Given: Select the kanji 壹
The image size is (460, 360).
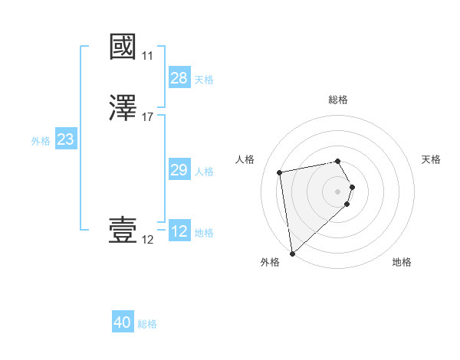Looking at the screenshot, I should [x=123, y=231].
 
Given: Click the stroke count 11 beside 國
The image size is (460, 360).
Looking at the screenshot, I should [x=147, y=56].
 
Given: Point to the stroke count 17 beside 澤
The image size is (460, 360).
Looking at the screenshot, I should [x=148, y=117].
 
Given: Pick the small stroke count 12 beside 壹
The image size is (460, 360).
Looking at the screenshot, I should [x=147, y=240].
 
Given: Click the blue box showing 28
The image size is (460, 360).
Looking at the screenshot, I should [x=179, y=78].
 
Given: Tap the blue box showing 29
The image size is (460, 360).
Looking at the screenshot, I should [x=179, y=170].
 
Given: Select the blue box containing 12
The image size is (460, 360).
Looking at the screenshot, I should [x=179, y=231].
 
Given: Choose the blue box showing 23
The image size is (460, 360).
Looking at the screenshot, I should [x=66, y=139].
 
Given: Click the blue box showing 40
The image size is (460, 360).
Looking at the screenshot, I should [x=123, y=323].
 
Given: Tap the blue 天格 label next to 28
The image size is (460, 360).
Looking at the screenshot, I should [x=204, y=79].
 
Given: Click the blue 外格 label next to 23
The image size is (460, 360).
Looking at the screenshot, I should [x=41, y=140].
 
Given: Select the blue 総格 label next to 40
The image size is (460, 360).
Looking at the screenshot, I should [x=147, y=324].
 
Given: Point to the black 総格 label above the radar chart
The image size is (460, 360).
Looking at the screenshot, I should [x=338, y=100].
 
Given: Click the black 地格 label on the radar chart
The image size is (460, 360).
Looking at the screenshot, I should [x=402, y=262].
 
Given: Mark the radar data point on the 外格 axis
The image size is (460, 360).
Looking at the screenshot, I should [x=292, y=253].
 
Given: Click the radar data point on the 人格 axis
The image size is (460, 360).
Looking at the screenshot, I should [x=280, y=172].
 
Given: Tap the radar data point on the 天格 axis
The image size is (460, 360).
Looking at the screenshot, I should [x=352, y=187].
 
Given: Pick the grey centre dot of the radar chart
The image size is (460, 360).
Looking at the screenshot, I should [x=338, y=191].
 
